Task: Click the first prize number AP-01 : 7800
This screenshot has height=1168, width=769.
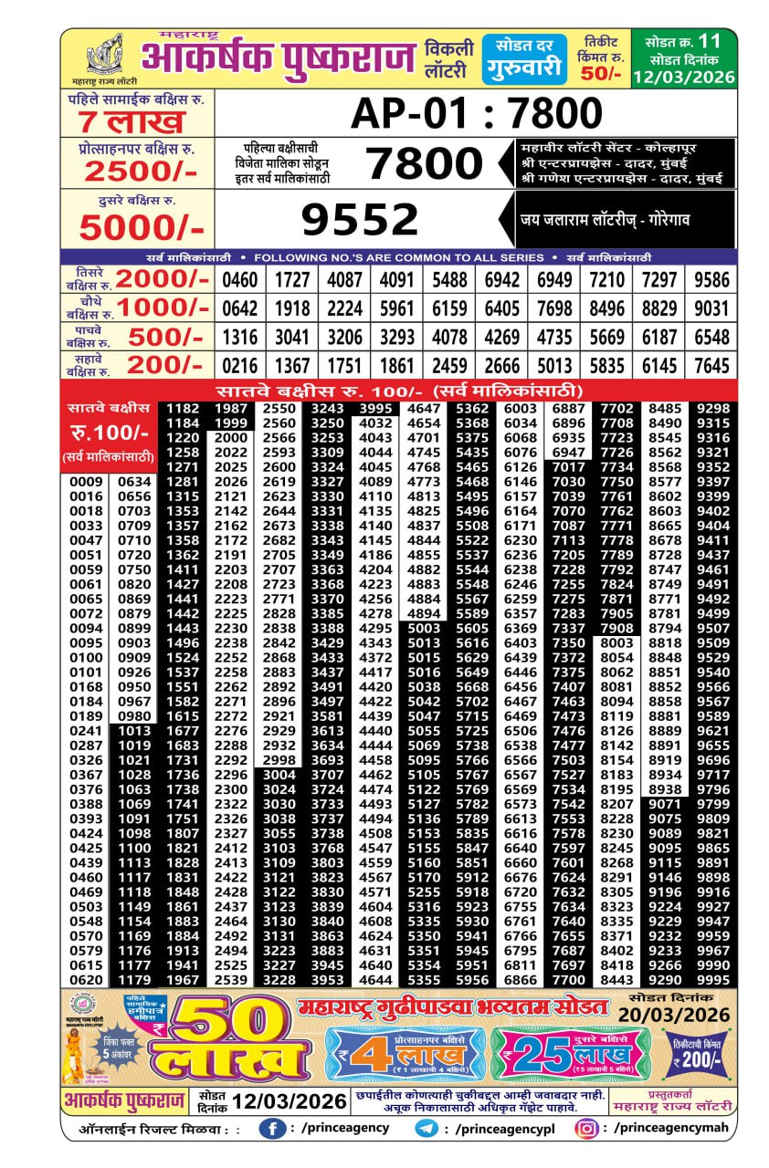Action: [477, 114]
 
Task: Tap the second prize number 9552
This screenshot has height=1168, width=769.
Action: [360, 220]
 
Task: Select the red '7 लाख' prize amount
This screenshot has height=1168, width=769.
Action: [132, 122]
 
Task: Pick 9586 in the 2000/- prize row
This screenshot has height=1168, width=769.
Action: [711, 279]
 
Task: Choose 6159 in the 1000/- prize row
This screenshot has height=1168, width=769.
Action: [449, 308]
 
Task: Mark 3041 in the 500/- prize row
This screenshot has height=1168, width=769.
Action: [292, 337]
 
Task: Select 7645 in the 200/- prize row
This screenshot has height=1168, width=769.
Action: [711, 366]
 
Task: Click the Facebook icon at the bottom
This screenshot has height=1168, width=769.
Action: [271, 1129]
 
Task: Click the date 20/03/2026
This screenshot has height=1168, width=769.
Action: [674, 1016]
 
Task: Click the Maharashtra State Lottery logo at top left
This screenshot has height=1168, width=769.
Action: [104, 56]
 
